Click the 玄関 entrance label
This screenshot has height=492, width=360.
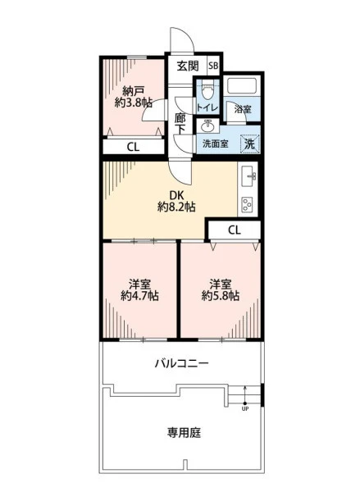[188, 66]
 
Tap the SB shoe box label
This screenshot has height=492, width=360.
[213, 66]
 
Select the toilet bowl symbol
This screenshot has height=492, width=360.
[207, 89]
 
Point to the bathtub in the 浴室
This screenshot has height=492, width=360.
[242, 85]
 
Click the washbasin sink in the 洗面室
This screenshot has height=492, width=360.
[207, 125]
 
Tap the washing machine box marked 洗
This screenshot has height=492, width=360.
[250, 144]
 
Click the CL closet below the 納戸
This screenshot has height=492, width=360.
[134, 147]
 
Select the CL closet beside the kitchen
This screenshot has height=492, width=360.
[235, 230]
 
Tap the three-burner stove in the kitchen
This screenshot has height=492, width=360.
[248, 204]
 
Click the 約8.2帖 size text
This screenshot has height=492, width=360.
[176, 207]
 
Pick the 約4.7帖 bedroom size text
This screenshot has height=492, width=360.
[139, 295]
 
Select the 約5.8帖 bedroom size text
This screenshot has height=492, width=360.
[221, 295]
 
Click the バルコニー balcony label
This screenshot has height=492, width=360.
[182, 363]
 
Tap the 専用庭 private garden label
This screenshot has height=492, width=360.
[184, 433]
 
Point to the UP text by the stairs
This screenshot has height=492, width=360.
[245, 409]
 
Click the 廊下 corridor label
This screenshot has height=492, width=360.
[180, 123]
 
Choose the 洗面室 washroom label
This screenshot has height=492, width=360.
[216, 144]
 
